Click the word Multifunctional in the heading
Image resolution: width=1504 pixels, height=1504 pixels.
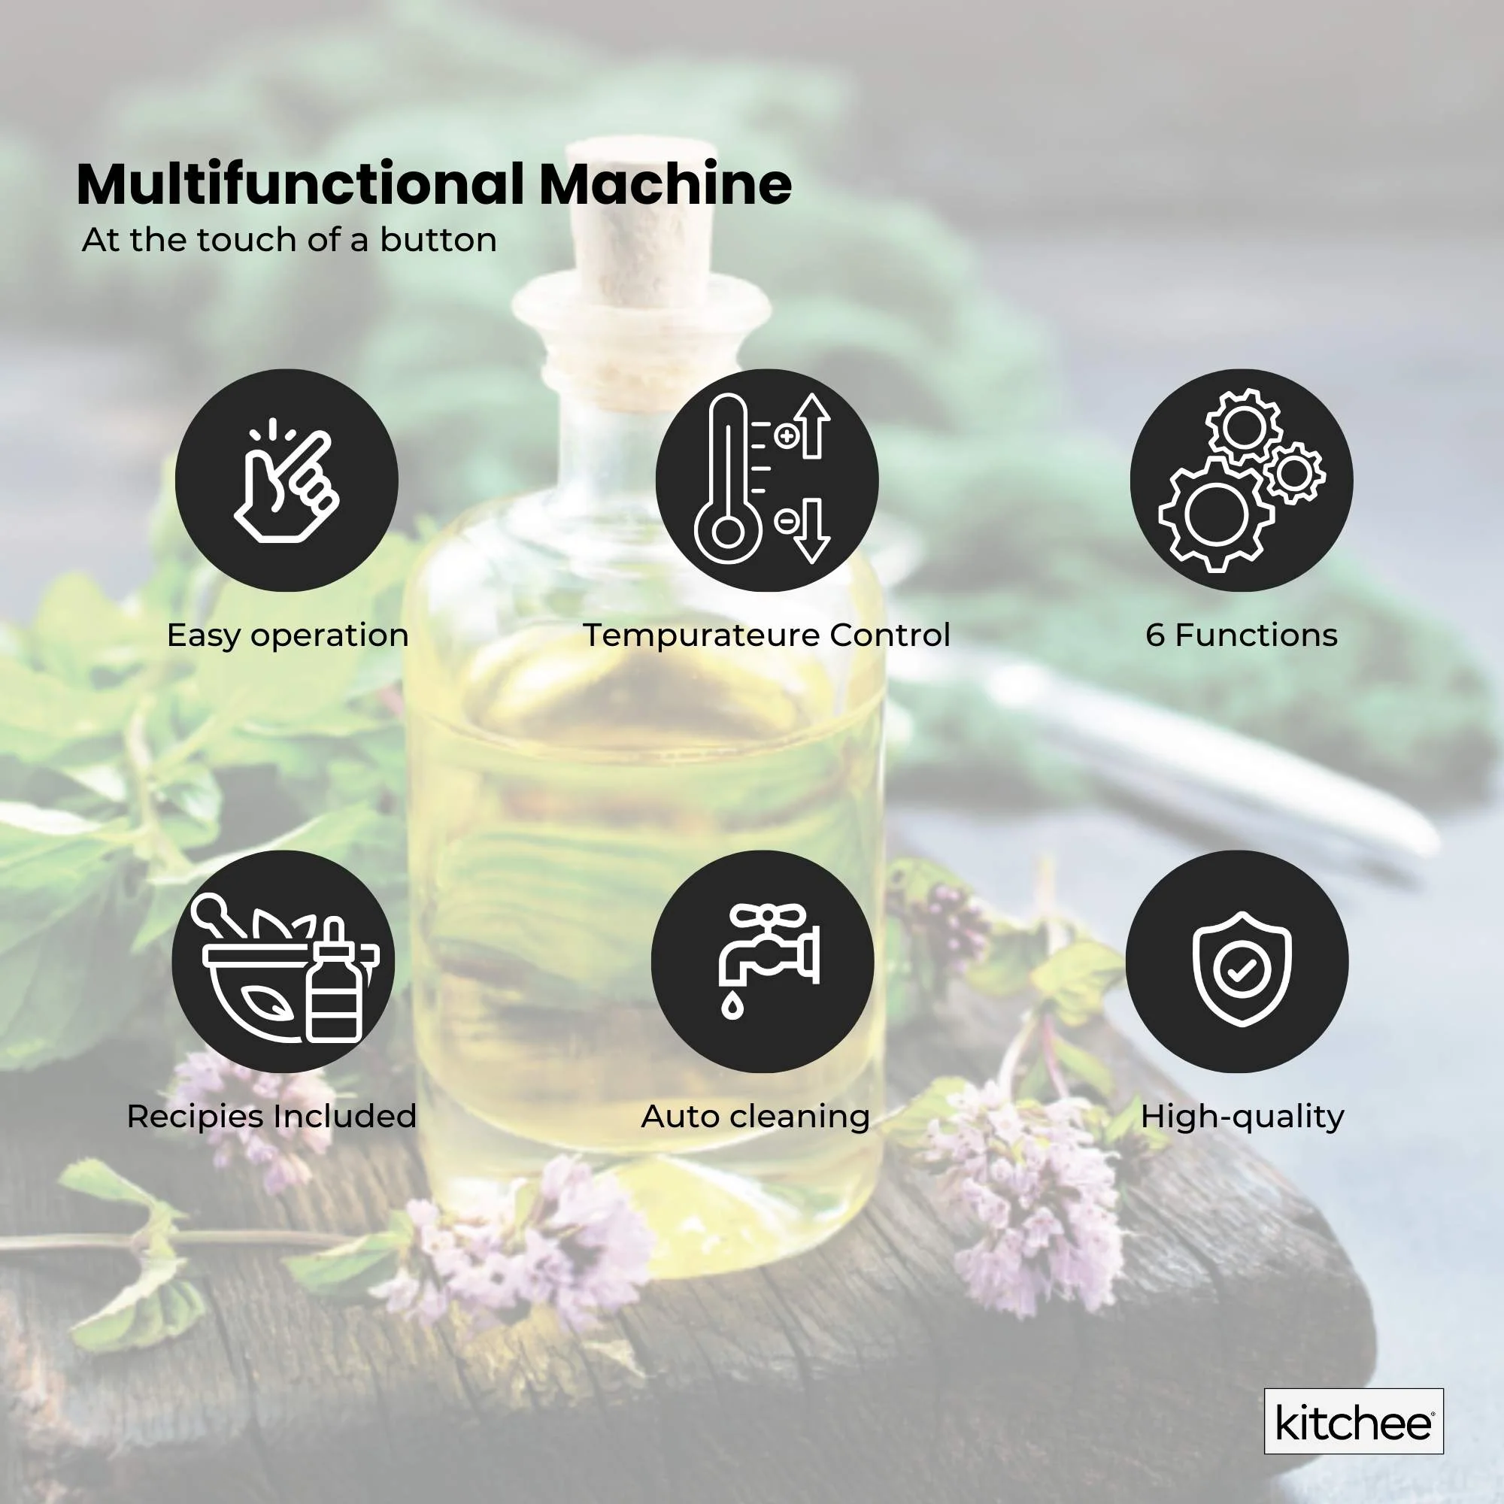click(x=300, y=184)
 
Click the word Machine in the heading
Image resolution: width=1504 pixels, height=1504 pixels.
click(x=666, y=184)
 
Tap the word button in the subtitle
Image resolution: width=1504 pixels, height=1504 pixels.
click(x=438, y=240)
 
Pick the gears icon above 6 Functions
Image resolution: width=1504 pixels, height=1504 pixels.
click(x=1241, y=481)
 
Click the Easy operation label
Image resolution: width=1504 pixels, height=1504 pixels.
click(x=287, y=635)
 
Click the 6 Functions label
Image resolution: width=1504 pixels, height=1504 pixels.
click(x=1241, y=635)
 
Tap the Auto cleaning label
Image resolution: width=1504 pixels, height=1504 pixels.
click(x=755, y=1116)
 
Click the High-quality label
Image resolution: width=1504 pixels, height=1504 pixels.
click(x=1242, y=1116)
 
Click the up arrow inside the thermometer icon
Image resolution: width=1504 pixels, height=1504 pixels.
click(x=813, y=424)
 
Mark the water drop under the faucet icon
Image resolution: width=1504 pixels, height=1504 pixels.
click(x=732, y=1008)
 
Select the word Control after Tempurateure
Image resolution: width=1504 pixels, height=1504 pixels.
click(x=889, y=635)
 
